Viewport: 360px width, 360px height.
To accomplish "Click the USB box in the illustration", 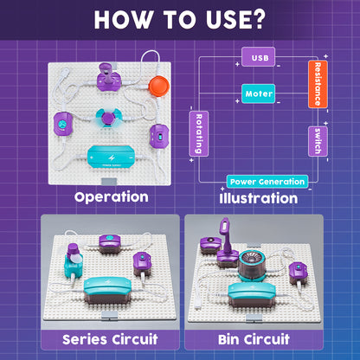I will [x=259, y=58].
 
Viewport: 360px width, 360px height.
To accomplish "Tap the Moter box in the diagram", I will [x=259, y=92].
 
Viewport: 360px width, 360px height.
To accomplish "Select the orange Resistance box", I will [x=318, y=84].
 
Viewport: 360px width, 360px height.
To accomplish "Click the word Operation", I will [x=111, y=197].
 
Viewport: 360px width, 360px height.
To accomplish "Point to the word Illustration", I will [x=259, y=198].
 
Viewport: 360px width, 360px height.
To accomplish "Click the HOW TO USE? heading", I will [x=180, y=20].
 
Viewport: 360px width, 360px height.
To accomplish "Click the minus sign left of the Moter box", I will [x=224, y=92].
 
